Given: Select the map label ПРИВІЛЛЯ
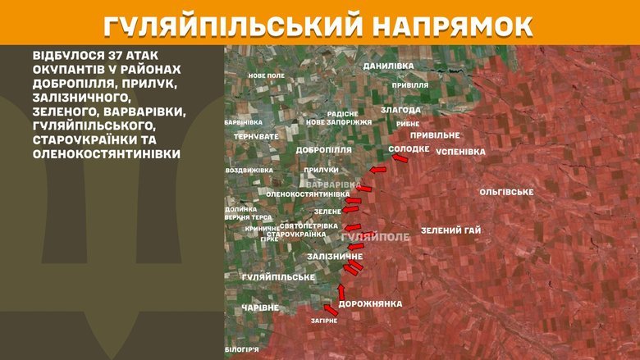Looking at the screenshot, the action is tap(410, 84).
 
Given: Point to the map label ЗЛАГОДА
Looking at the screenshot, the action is tap(400, 109).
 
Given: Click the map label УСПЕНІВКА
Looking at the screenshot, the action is tap(460, 152).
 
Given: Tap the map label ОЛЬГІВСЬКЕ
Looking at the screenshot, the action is tap(506, 192).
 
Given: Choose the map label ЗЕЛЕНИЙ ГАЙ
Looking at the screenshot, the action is tap(450, 230).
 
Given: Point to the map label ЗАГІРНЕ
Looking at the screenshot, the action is tap(323, 321).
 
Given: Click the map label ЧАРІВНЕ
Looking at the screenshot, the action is tap(260, 308).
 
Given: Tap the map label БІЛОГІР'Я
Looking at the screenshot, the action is tap(242, 349).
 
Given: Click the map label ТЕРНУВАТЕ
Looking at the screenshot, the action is tap(256, 136).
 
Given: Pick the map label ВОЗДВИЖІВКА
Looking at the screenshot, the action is tap(249, 171).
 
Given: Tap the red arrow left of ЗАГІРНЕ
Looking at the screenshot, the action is tap(330, 309).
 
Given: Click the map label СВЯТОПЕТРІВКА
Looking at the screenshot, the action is tap(309, 225).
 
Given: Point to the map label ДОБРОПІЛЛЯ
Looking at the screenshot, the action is tap(324, 150).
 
